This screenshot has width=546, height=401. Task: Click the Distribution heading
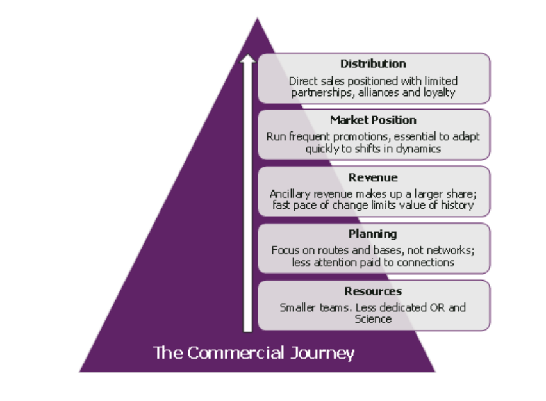(373, 63)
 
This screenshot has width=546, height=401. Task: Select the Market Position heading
(373, 120)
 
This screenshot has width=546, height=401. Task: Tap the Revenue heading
(373, 177)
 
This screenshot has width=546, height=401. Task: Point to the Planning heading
(372, 234)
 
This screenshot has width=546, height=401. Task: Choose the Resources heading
(373, 291)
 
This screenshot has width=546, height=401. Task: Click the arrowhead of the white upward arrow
(247, 58)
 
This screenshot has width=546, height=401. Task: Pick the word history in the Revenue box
(457, 205)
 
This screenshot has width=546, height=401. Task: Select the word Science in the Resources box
(373, 319)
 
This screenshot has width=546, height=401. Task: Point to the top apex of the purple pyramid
(258, 18)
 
